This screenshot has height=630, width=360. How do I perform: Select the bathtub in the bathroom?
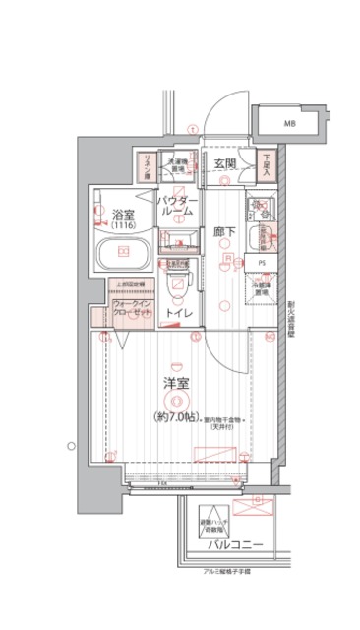point(124,259)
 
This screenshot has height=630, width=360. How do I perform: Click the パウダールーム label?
point(179,206)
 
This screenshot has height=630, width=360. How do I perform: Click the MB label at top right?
point(290,124)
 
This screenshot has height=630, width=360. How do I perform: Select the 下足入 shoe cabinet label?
point(267,162)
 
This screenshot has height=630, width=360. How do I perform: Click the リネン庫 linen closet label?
point(144,162)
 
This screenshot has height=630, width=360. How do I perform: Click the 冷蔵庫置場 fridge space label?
point(263,290)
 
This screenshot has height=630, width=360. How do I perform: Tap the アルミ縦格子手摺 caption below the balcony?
point(226,571)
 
